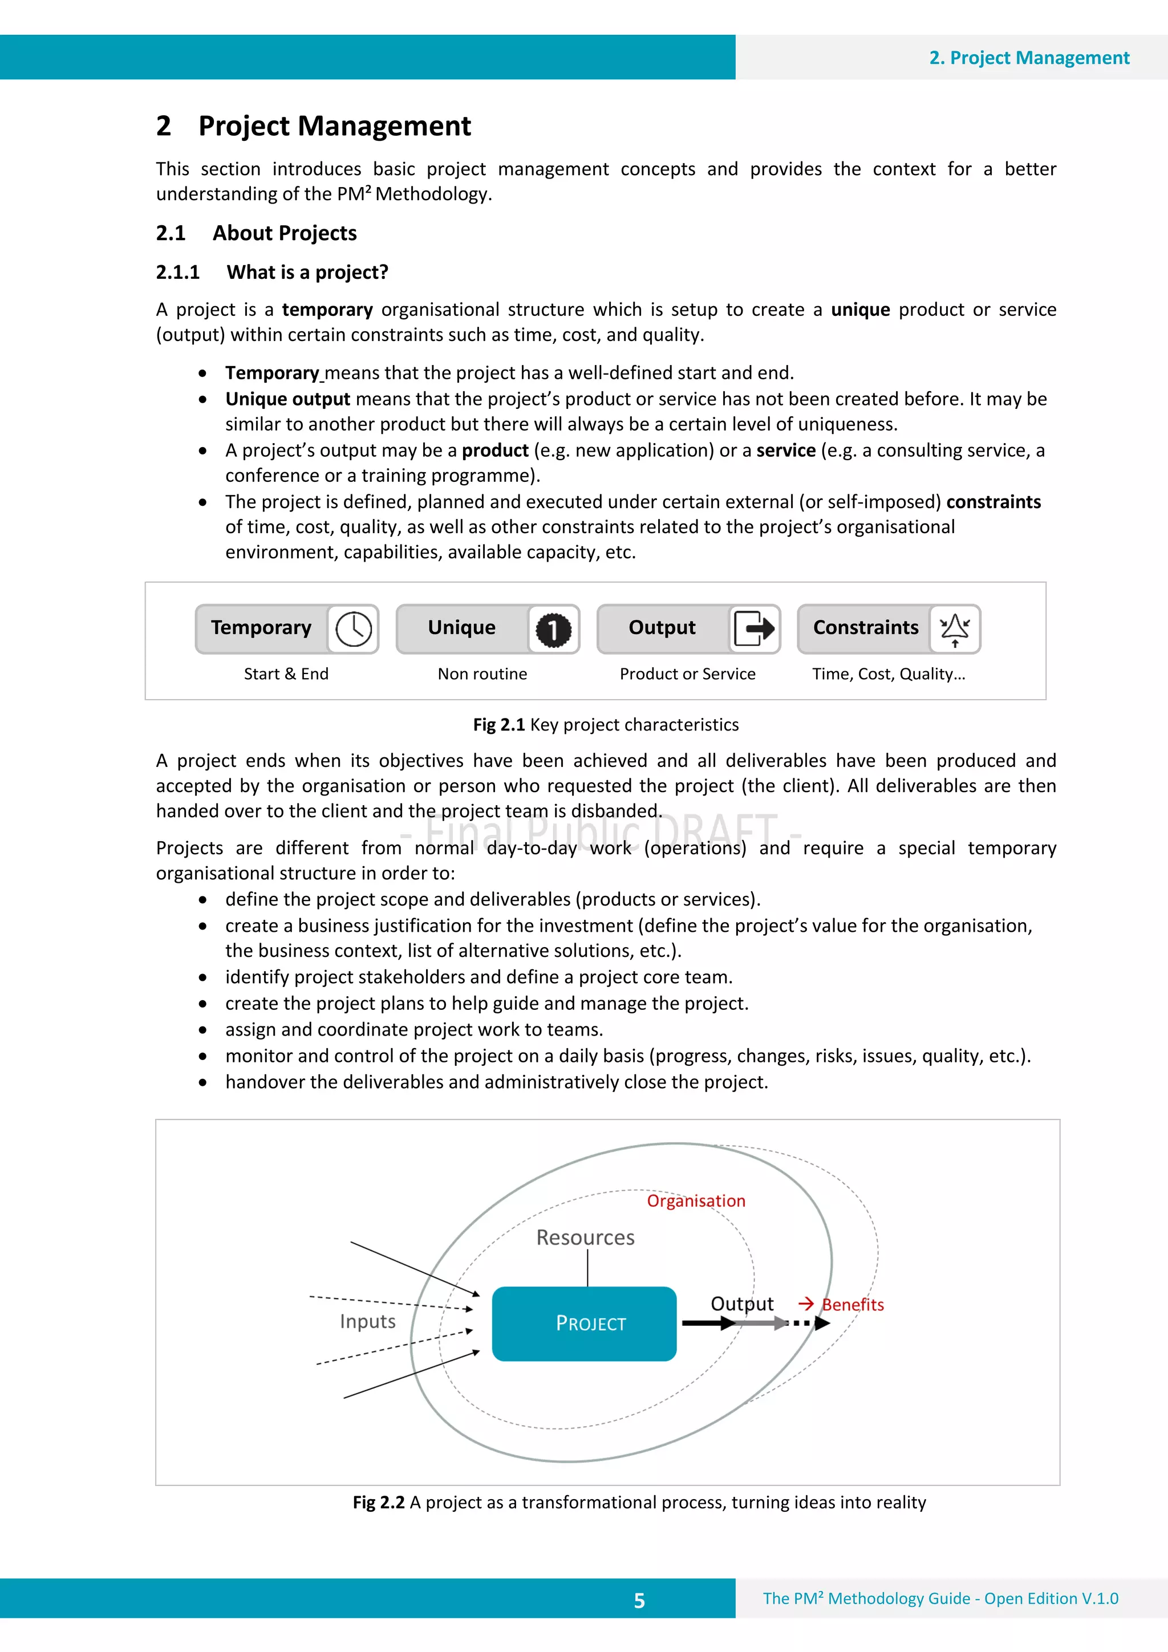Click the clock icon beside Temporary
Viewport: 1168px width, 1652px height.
[x=354, y=629]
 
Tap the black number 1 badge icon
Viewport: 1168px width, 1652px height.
[x=553, y=630]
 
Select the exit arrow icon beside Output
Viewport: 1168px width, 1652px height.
[x=753, y=629]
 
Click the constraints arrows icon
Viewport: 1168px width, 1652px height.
[x=954, y=630]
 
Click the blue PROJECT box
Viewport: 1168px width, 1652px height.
[x=583, y=1323]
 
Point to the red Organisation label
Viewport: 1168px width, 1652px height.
[x=695, y=1200]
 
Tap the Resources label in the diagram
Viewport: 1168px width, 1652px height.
[x=585, y=1237]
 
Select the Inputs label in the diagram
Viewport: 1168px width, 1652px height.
[x=368, y=1321]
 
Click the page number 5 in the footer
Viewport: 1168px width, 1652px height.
[x=639, y=1600]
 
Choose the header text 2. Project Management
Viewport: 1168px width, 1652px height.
[x=1028, y=58]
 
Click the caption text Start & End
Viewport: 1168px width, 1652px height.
[x=286, y=673]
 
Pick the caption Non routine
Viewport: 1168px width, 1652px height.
[x=482, y=673]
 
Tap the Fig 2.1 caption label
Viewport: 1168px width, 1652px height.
[x=498, y=725]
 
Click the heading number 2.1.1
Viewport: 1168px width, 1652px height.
[x=178, y=272]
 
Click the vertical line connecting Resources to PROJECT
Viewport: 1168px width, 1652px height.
[x=588, y=1268]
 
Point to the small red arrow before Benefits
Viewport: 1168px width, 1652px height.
[x=806, y=1304]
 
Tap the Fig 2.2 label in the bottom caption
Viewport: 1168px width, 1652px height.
[x=379, y=1503]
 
